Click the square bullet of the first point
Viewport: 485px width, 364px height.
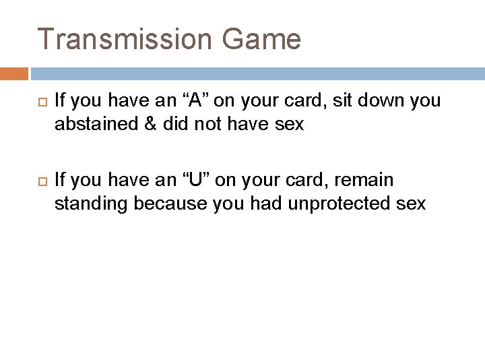click(x=38, y=102)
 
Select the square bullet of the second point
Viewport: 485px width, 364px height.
click(x=38, y=181)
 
